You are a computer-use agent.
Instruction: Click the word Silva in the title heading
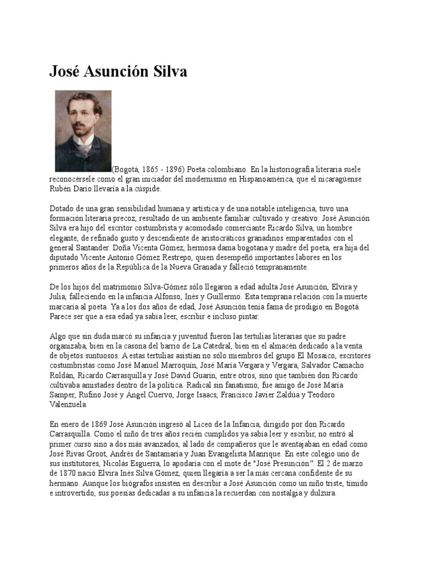169,72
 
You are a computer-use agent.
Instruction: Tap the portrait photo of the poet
83,131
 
